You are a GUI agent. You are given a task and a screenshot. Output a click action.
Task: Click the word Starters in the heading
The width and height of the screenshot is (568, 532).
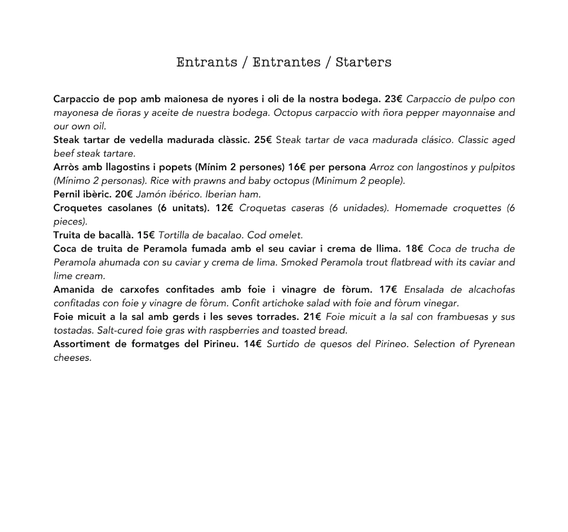[363, 62]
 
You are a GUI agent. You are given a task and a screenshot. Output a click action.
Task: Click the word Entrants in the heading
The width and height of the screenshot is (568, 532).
[207, 62]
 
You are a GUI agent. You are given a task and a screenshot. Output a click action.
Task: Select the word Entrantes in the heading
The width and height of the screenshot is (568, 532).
[286, 62]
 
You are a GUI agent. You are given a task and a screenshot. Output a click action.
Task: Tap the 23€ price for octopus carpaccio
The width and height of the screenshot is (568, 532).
[393, 99]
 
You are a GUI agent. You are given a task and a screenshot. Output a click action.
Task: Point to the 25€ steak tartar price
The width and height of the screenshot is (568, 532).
[263, 140]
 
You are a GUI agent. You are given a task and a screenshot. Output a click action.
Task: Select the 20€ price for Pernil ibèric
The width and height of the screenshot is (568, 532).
[124, 195]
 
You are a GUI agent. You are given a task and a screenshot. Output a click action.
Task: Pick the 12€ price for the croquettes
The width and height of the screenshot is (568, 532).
[225, 208]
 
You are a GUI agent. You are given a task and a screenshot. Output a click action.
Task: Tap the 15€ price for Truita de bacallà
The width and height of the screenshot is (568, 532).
[146, 236]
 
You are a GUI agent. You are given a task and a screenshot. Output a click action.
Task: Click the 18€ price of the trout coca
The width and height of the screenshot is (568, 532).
[415, 249]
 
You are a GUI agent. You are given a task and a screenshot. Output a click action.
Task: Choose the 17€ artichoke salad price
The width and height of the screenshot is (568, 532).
[388, 290]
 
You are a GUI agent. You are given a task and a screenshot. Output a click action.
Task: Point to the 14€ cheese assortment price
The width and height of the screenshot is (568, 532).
[252, 344]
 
